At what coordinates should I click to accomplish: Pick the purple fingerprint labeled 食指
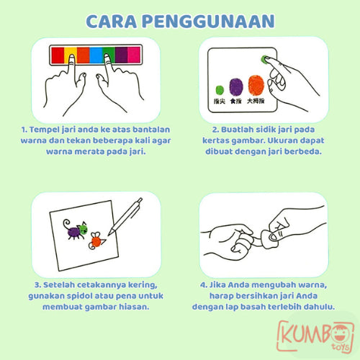(x=235, y=86)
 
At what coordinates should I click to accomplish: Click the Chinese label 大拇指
(x=256, y=103)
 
